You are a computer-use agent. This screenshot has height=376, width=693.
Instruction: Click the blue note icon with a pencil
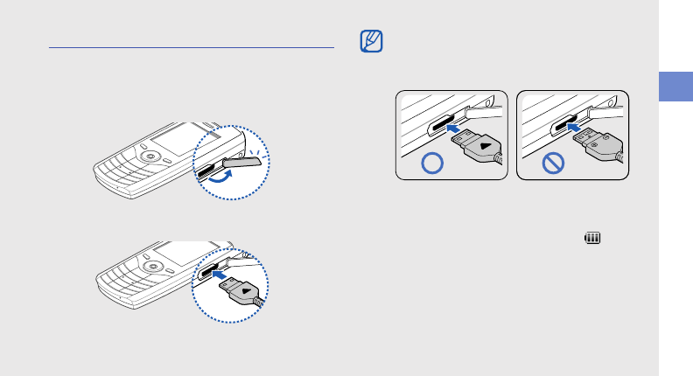tap(371, 40)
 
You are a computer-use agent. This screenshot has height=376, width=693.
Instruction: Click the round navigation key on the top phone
tap(151, 157)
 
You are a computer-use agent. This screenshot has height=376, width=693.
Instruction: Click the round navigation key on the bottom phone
tap(153, 265)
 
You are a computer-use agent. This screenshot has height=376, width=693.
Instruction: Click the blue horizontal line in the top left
tap(192, 48)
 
